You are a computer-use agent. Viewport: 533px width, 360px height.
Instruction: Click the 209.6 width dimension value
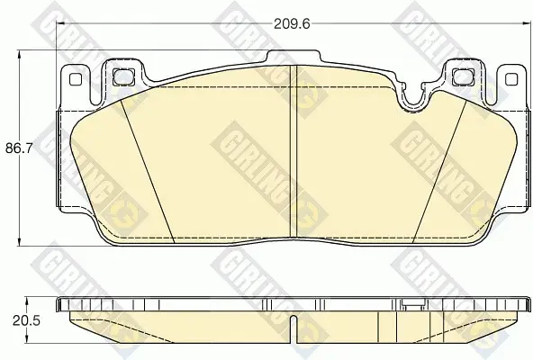(x=292, y=23)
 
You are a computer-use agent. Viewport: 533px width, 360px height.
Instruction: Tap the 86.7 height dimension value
(x=19, y=148)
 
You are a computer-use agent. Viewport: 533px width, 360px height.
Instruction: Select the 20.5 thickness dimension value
(x=26, y=320)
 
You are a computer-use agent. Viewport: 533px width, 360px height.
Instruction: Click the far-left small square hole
(x=76, y=79)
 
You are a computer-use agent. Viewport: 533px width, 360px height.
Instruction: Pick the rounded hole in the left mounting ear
(x=123, y=77)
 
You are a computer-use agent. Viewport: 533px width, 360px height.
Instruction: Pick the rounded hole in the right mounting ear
(x=464, y=77)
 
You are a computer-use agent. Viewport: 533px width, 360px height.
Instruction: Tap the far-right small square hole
(x=511, y=79)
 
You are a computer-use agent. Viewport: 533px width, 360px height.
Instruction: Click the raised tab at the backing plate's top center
(x=294, y=57)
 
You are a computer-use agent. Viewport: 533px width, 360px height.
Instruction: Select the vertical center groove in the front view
(x=293, y=151)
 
